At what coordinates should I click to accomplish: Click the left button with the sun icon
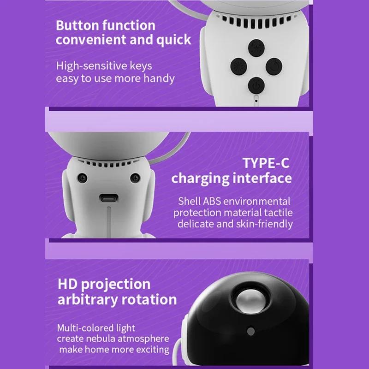click(238, 66)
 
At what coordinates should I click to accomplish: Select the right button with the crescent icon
click(273, 66)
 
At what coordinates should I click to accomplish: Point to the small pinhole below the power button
click(256, 98)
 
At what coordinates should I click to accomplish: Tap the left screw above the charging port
click(82, 178)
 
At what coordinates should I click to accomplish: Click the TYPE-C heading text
click(266, 163)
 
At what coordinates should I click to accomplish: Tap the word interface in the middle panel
click(264, 178)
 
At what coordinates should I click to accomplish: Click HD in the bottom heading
click(68, 284)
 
